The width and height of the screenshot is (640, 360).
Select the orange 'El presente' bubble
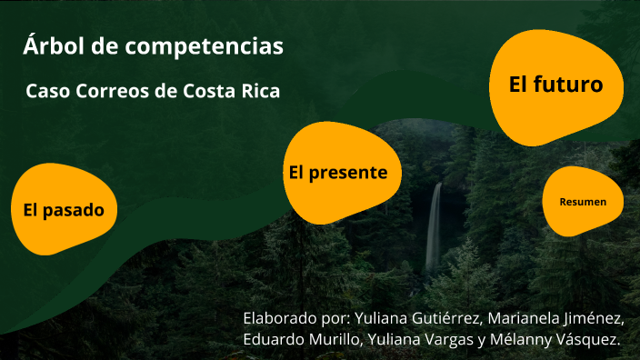coord(338,173)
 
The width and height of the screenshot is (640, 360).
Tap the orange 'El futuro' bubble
coord(556,85)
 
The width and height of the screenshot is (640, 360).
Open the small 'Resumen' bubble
coord(583,202)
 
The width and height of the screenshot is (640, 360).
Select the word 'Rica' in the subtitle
coord(259,92)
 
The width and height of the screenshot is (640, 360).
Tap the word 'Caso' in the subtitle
coord(45,92)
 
